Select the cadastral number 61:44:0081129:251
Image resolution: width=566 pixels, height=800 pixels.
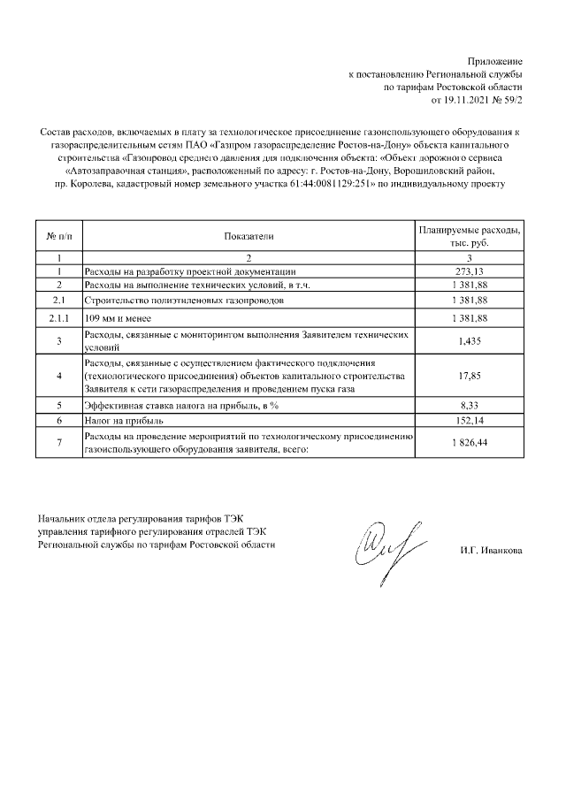point(329,184)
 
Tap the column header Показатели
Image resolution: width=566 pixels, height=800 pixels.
point(249,236)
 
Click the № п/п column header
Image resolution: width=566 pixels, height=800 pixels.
point(57,236)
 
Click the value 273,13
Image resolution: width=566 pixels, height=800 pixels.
point(470,271)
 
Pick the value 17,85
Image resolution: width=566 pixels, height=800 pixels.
point(470,376)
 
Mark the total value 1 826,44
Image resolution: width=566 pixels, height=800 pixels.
point(470,442)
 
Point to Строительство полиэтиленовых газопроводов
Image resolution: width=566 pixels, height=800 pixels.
point(183,301)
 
